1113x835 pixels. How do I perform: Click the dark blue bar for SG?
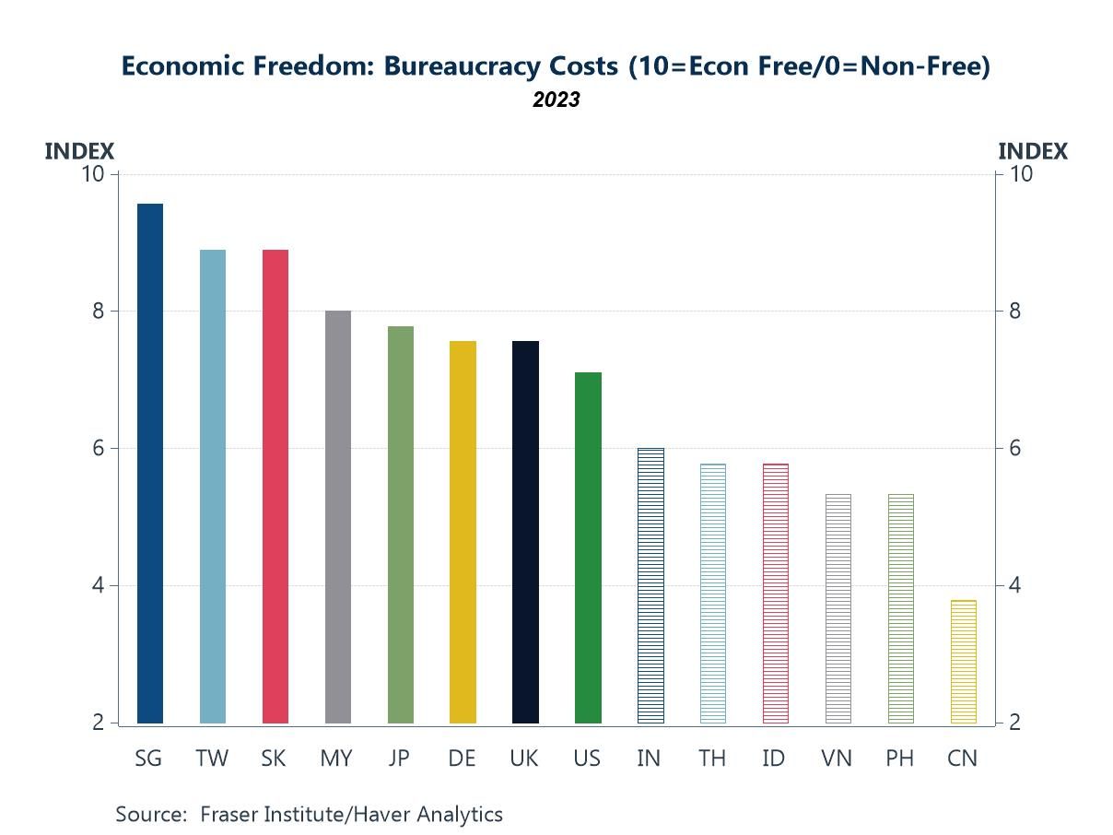(x=149, y=463)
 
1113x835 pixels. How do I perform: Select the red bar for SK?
(x=275, y=486)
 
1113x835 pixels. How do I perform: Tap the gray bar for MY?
(x=337, y=516)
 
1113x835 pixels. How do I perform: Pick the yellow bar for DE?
(x=463, y=532)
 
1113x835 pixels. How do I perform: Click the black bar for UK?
(x=525, y=532)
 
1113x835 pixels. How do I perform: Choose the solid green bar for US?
(x=588, y=547)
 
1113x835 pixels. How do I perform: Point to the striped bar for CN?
(x=963, y=661)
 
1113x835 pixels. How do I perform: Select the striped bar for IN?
(x=650, y=585)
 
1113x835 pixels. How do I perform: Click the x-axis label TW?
(x=212, y=759)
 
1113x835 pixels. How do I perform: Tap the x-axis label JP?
(x=400, y=759)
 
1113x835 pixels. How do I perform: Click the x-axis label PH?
(x=900, y=759)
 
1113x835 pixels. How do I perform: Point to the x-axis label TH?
(x=712, y=759)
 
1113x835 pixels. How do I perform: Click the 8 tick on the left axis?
(x=99, y=312)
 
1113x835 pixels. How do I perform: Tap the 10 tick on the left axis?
(x=94, y=174)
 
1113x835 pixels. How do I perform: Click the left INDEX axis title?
(x=79, y=151)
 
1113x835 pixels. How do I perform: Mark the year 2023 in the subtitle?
(x=556, y=100)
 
